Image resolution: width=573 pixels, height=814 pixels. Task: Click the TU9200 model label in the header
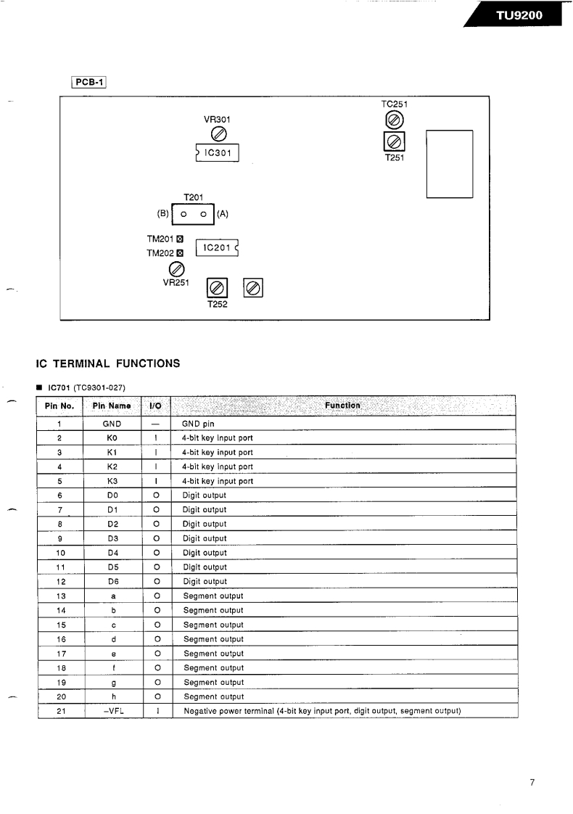point(519,15)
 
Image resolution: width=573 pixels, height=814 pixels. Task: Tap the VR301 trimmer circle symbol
point(218,133)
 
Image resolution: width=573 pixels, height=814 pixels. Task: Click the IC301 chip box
point(218,153)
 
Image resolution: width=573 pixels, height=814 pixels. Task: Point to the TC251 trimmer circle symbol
point(393,120)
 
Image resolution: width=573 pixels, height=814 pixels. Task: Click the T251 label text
point(393,157)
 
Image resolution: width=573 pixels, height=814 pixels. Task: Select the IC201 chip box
point(217,248)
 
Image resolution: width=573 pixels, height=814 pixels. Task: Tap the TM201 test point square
point(180,239)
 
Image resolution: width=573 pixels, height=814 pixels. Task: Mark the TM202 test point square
point(180,253)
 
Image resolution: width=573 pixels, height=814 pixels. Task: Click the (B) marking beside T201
point(162,214)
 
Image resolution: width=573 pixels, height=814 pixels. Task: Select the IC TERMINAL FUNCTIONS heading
point(108,363)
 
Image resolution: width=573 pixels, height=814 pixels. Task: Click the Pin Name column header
point(112,406)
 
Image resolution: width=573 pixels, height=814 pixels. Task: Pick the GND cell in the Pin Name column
point(112,424)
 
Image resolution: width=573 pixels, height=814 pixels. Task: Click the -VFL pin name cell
point(112,711)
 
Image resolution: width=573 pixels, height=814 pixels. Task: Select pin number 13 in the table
point(61,596)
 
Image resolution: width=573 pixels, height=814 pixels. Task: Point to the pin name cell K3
point(112,481)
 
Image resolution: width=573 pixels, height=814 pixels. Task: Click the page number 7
point(532,782)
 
